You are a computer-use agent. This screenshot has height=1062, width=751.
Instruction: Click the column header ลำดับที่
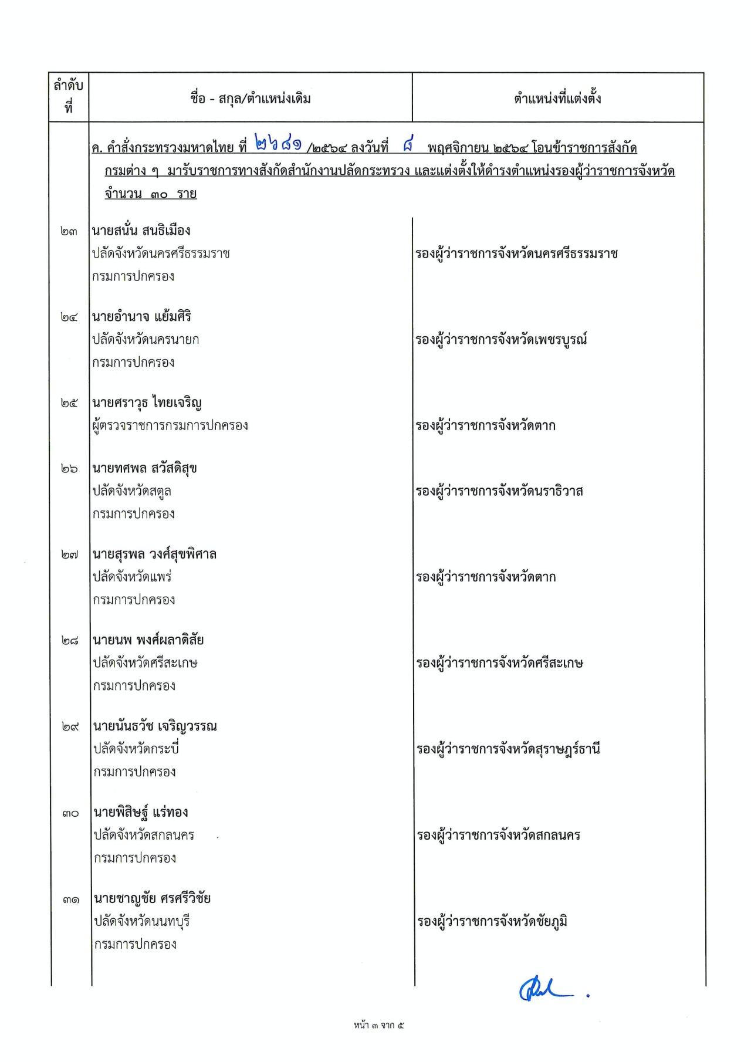click(69, 97)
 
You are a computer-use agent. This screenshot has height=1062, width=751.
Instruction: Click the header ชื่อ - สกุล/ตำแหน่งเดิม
click(251, 99)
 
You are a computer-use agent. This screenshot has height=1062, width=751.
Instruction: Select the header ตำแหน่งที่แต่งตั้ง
click(557, 99)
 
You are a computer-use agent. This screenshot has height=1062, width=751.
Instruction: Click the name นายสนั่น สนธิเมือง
click(141, 231)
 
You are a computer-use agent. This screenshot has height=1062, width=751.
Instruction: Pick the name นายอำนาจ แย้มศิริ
click(141, 317)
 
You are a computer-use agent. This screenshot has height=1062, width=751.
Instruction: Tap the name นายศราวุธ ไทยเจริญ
click(147, 403)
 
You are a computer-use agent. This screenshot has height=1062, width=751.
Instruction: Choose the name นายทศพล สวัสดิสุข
click(144, 468)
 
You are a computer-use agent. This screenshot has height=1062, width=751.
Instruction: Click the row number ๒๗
click(69, 554)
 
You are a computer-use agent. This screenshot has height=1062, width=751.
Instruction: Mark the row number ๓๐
click(69, 813)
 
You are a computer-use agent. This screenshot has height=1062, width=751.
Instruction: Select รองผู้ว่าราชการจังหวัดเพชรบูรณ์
click(501, 340)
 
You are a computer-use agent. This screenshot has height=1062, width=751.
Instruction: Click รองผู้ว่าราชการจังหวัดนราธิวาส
click(499, 491)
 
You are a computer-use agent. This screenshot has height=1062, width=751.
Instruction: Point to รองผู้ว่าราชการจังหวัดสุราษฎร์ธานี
click(508, 749)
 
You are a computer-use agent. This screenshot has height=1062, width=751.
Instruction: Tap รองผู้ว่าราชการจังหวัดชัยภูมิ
click(492, 921)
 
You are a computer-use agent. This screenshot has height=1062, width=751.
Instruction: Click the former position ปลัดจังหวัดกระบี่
click(136, 749)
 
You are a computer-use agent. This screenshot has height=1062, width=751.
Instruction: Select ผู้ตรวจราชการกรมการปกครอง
click(170, 425)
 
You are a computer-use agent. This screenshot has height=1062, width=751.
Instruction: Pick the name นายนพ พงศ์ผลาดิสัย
click(148, 640)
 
